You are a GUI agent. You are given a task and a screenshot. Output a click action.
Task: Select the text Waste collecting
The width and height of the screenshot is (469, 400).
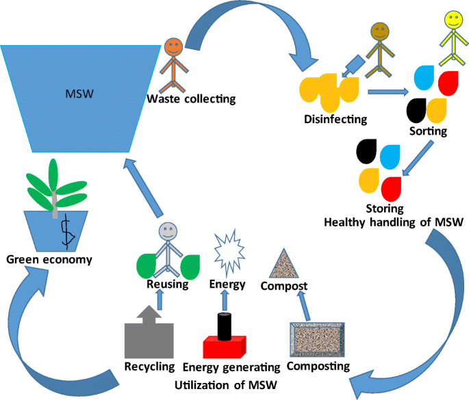pyautogui.click(x=191, y=100)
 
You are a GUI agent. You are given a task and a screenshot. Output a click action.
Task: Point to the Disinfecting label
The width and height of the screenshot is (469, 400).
pyautogui.click(x=335, y=119)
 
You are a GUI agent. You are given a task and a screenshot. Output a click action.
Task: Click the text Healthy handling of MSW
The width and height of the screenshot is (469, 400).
pyautogui.click(x=394, y=221)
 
